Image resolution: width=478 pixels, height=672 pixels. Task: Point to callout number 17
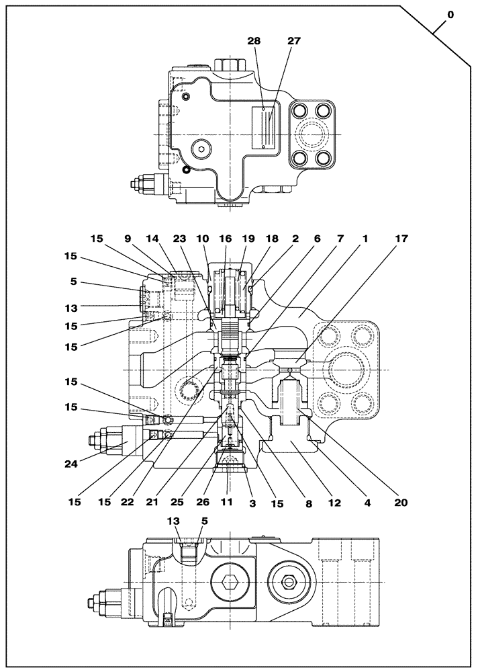(x=401, y=238)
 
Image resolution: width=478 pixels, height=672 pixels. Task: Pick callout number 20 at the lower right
(x=401, y=501)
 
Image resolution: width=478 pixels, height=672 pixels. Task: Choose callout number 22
(x=152, y=501)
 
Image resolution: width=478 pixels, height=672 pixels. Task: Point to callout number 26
(x=202, y=501)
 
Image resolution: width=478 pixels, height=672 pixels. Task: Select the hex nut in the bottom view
(x=290, y=581)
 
